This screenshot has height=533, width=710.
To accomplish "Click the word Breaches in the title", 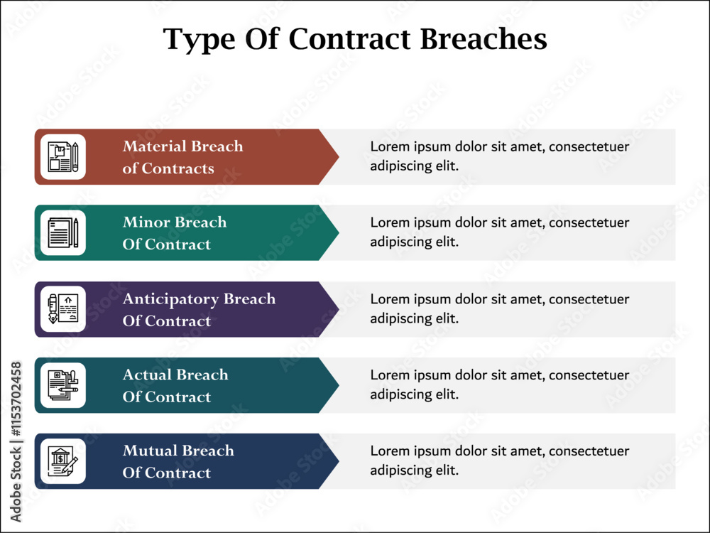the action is [x=484, y=39].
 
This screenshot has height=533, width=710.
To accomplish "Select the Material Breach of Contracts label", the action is [x=183, y=157].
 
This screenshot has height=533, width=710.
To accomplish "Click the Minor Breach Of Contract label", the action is [x=175, y=233].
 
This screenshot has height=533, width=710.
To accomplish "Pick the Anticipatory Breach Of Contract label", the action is [x=199, y=310].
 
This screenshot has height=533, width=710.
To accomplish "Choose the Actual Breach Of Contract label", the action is [x=175, y=385].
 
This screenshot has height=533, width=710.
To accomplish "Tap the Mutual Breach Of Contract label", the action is [x=178, y=461].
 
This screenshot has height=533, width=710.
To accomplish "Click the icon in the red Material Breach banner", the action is [x=63, y=157].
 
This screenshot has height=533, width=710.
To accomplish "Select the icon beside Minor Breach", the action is [x=63, y=232].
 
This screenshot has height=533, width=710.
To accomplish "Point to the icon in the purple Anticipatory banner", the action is [x=63, y=309].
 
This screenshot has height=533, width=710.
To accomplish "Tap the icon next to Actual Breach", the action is [x=63, y=385].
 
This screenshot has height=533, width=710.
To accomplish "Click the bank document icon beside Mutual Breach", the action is [x=63, y=461].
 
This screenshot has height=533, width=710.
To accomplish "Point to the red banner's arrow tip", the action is [x=339, y=157].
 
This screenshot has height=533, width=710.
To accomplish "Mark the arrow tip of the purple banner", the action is [x=339, y=309].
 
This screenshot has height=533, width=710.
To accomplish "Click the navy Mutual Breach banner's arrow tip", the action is [x=339, y=461].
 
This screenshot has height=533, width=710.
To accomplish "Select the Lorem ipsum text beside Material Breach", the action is [x=499, y=156].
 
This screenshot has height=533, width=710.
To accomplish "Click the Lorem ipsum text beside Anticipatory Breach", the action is [x=499, y=308].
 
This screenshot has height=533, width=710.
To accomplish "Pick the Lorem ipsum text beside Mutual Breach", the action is [x=499, y=461].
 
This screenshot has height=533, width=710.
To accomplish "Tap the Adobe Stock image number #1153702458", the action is [x=16, y=399].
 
